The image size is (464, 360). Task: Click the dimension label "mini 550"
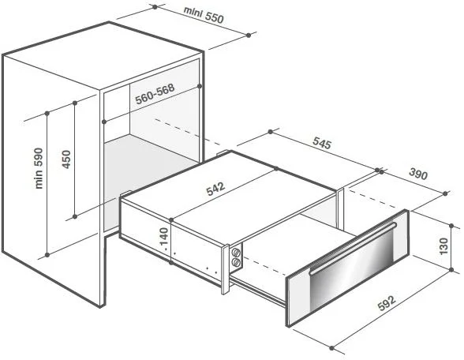(204, 14)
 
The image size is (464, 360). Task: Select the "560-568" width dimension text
(155, 93)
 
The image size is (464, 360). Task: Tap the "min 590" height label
(39, 168)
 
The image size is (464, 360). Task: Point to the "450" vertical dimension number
(67, 159)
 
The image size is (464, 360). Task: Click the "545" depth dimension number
(322, 143)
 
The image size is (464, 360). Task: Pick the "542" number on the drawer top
(215, 189)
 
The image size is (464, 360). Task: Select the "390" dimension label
(418, 174)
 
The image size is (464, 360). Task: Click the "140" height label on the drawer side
(164, 237)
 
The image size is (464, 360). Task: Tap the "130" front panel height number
(443, 246)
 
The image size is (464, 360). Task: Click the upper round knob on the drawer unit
(236, 252)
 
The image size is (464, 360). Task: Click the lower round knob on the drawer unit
(236, 262)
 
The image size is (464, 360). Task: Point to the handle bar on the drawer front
(353, 248)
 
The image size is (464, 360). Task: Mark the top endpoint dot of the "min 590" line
(47, 114)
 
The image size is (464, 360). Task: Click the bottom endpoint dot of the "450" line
(75, 216)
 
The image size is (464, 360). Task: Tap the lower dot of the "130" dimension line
(451, 270)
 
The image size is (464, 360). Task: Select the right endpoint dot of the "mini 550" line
(249, 36)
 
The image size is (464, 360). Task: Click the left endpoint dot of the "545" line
(270, 132)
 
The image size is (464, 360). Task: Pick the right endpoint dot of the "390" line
(445, 193)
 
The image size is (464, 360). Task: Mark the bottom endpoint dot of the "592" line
(331, 348)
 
